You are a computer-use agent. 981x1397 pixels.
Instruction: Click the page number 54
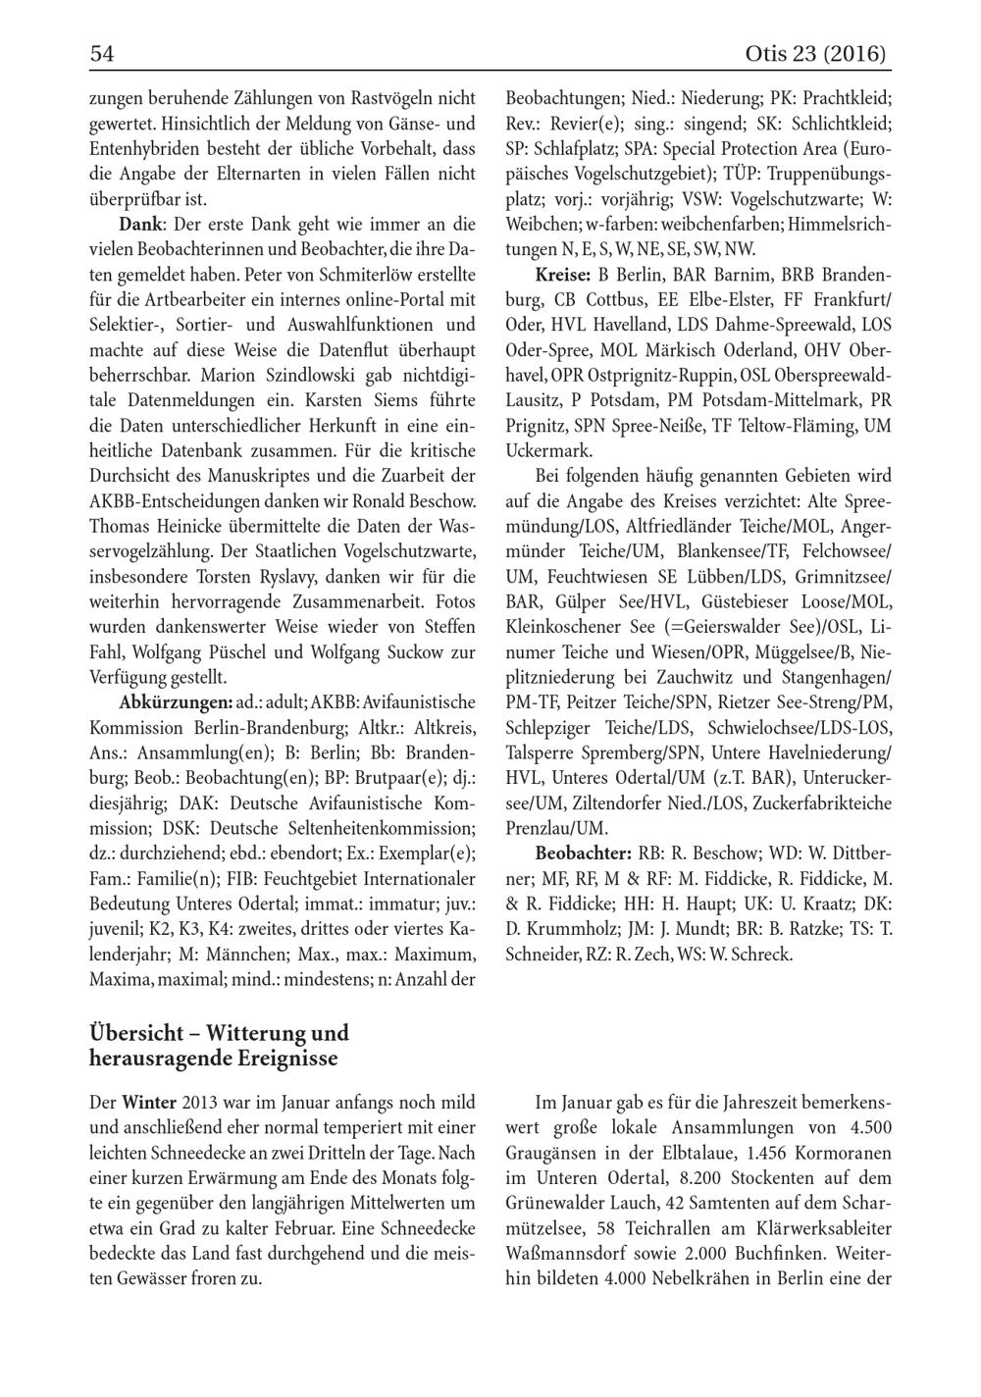click(x=102, y=54)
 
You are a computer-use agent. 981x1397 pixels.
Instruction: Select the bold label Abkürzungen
click(x=175, y=702)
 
